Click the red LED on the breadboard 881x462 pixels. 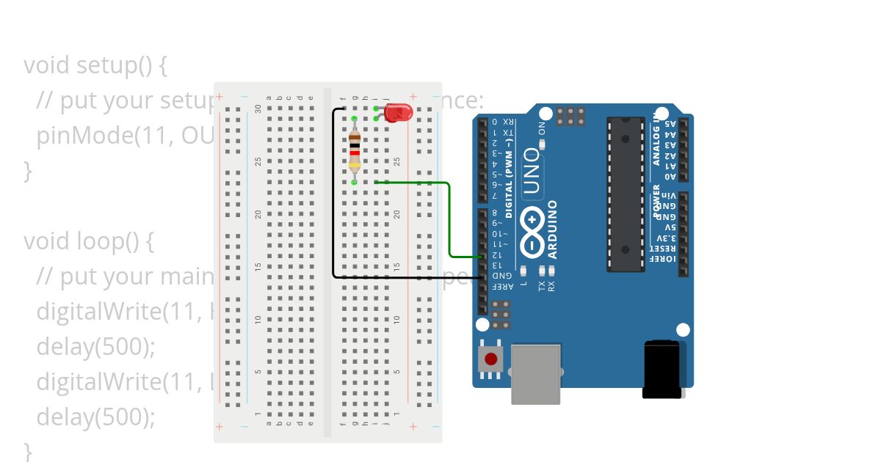pyautogui.click(x=398, y=113)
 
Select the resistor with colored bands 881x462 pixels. pyautogui.click(x=355, y=150)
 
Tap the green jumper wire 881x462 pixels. pyautogui.click(x=449, y=220)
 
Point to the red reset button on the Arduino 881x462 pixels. pyautogui.click(x=490, y=359)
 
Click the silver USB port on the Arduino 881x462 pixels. pyautogui.click(x=535, y=374)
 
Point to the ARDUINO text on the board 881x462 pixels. pyautogui.click(x=552, y=230)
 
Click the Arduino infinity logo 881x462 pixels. pyautogui.click(x=532, y=232)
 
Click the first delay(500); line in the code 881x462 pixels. pyautogui.click(x=96, y=347)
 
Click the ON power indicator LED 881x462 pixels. pyautogui.click(x=543, y=144)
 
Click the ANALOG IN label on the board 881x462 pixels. pyautogui.click(x=656, y=136)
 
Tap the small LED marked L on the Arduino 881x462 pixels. pyautogui.click(x=523, y=271)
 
